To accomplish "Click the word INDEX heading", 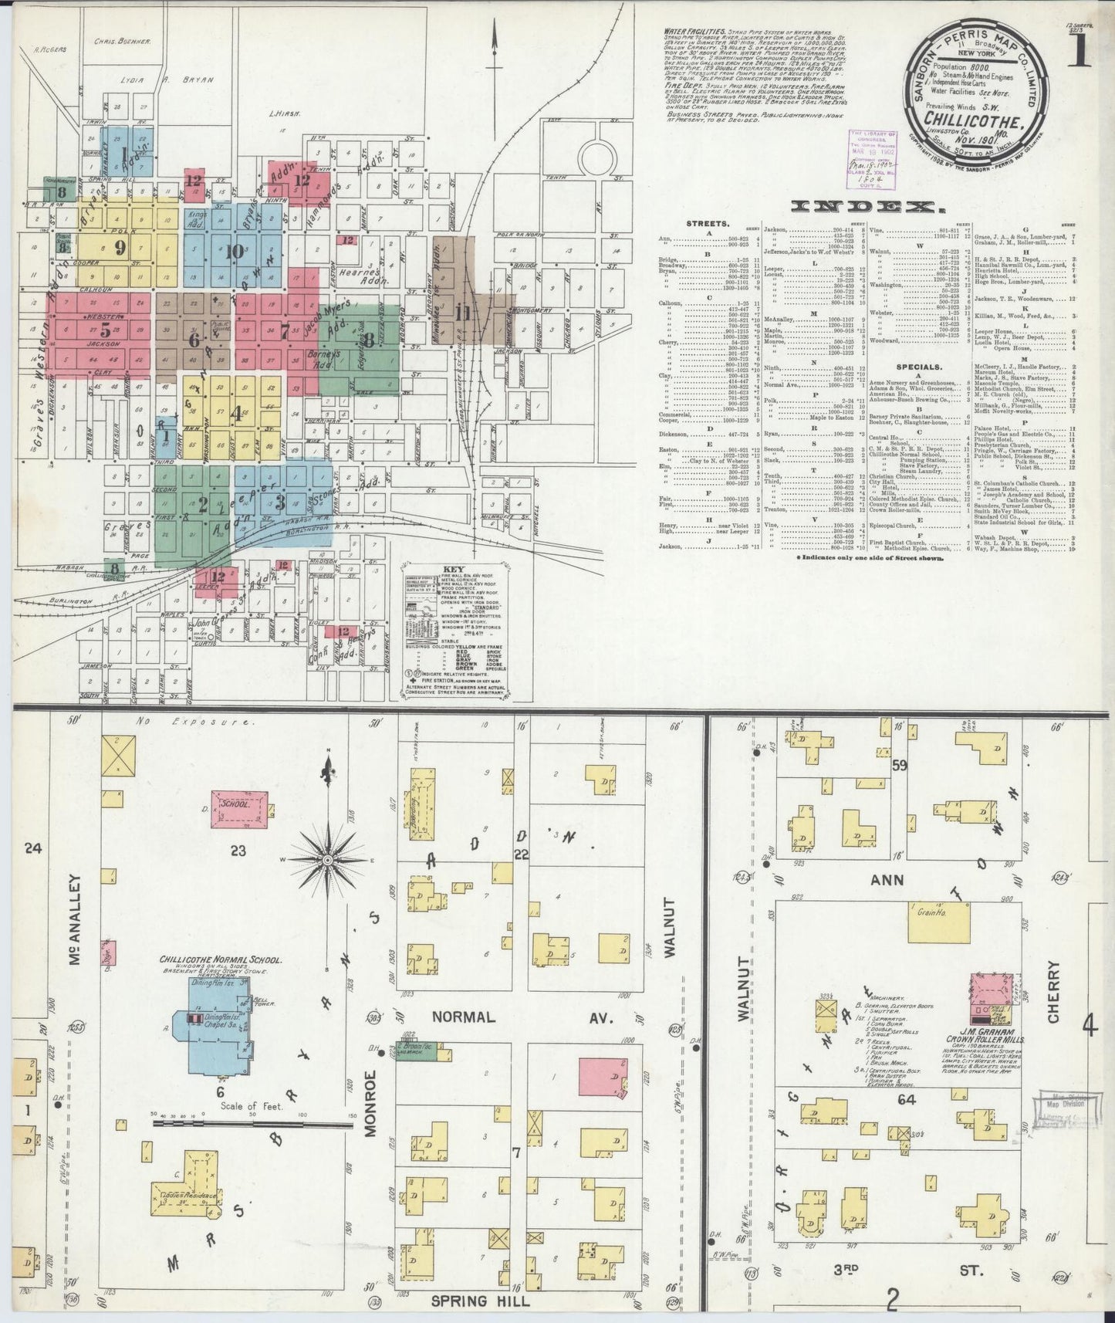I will coord(863,207).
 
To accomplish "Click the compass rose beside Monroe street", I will coord(327,859).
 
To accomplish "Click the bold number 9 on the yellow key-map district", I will coord(119,247).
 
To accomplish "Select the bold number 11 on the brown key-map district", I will coord(464,313).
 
